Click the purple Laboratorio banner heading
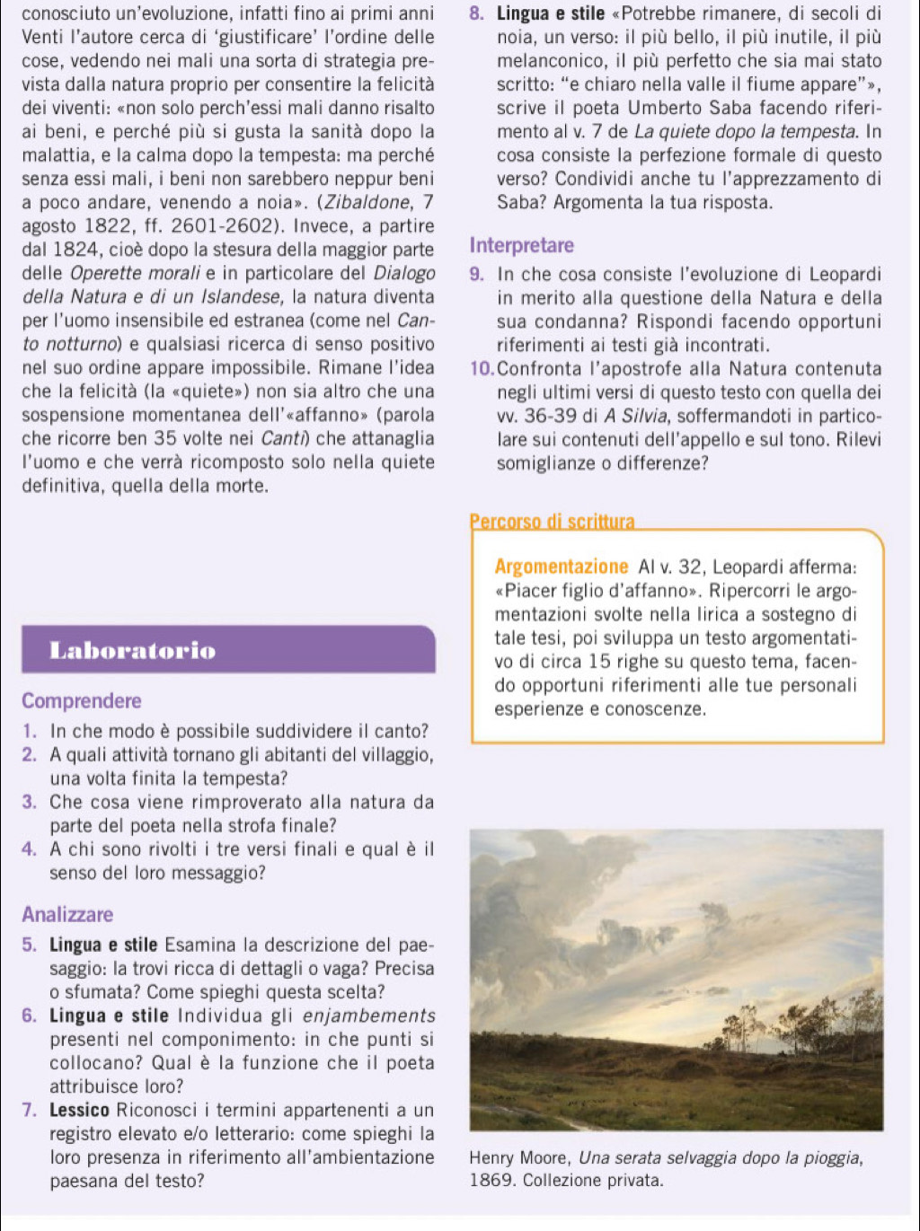click(133, 650)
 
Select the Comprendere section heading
click(82, 700)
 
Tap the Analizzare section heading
click(68, 915)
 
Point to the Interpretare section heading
click(521, 245)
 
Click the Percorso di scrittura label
click(552, 522)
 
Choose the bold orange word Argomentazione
click(562, 567)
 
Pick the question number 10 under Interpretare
click(480, 369)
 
